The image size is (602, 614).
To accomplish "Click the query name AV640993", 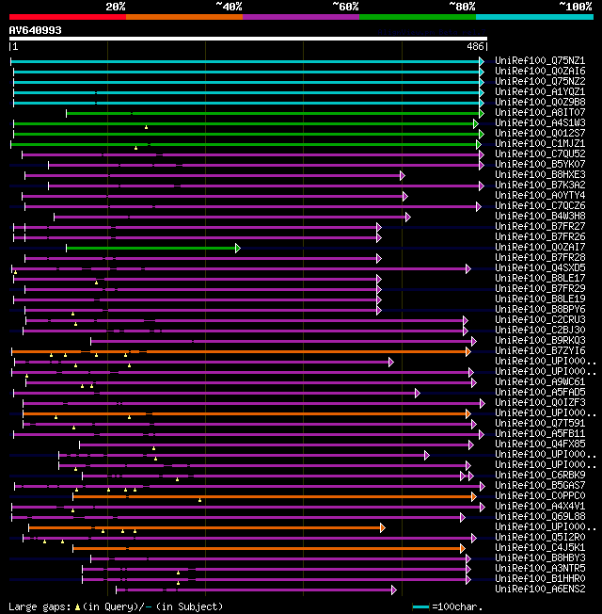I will (x=36, y=30).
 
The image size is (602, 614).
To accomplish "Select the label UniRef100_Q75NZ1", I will (x=540, y=60).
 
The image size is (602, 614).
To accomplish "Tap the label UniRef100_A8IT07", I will (x=540, y=112).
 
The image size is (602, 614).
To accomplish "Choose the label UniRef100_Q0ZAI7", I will (x=540, y=247).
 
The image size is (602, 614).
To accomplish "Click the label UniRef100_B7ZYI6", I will (x=540, y=350).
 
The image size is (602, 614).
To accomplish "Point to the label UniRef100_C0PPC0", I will (x=540, y=495).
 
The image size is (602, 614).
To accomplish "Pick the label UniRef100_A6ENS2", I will (x=540, y=589).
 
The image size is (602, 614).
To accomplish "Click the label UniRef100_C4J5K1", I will (x=540, y=547).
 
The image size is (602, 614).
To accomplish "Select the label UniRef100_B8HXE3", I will (x=540, y=174).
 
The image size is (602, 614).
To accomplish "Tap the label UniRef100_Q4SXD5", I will (x=540, y=267).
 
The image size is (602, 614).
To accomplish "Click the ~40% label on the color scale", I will (x=229, y=7).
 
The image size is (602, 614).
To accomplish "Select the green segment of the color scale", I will (x=417, y=16).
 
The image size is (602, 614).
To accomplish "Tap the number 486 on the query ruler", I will (x=475, y=46).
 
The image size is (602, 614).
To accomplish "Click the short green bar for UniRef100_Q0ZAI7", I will (x=150, y=248).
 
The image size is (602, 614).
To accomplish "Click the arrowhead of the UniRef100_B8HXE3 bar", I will (x=402, y=175).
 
